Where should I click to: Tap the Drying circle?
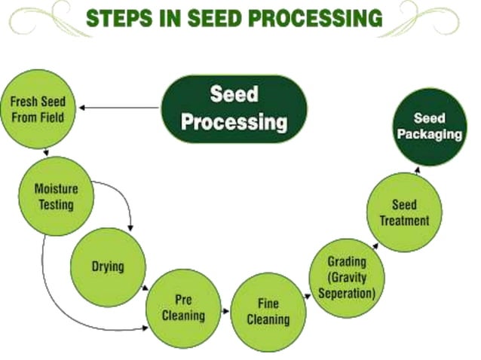click(108, 266)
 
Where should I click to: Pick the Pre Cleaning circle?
click(183, 307)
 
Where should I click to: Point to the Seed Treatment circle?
click(404, 213)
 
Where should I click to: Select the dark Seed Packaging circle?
click(430, 127)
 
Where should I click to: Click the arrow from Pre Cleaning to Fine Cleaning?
click(225, 310)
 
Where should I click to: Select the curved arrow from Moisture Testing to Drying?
click(124, 197)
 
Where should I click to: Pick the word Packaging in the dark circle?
click(430, 135)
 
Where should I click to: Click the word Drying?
click(108, 266)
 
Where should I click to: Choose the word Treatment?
click(404, 221)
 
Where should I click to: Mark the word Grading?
click(347, 263)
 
